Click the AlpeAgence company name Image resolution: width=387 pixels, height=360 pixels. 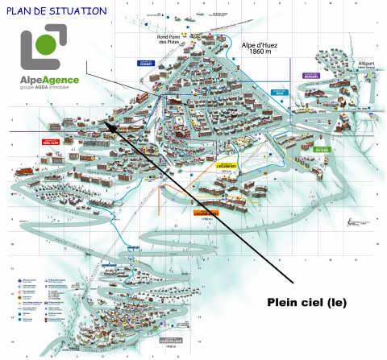tap(53, 80)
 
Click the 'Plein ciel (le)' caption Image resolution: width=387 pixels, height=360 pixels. tap(310, 303)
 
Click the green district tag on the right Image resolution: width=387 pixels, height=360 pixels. tap(322, 149)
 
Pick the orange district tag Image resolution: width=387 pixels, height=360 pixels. tap(206, 213)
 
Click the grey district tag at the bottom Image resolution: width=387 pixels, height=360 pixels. tap(170, 341)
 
